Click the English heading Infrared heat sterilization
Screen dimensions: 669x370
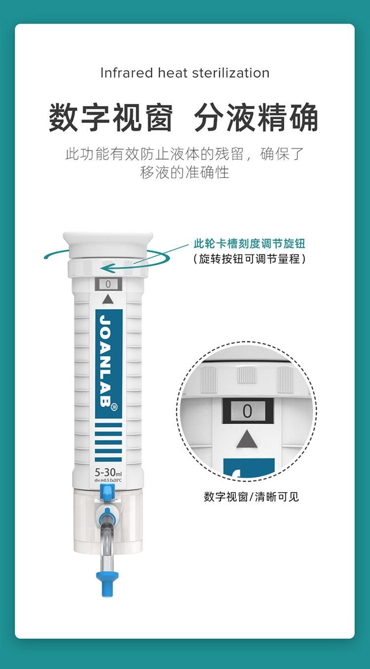(185, 73)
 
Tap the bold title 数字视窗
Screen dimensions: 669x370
(111, 118)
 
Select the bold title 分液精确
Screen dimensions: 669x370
(257, 118)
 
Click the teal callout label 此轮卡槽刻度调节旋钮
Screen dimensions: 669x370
(249, 244)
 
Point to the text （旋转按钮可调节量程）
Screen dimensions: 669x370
(249, 259)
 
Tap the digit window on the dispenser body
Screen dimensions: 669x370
(108, 284)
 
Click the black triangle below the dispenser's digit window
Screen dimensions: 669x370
(108, 299)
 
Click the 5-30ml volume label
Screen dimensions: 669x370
(108, 472)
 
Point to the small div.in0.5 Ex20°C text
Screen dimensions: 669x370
(108, 480)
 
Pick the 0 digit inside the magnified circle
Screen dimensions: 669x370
(247, 411)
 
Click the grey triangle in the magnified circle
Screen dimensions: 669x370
(247, 439)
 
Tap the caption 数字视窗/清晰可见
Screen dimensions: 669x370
(252, 496)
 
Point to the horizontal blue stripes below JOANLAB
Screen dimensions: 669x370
(108, 442)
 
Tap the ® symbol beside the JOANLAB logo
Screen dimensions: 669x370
(114, 407)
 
